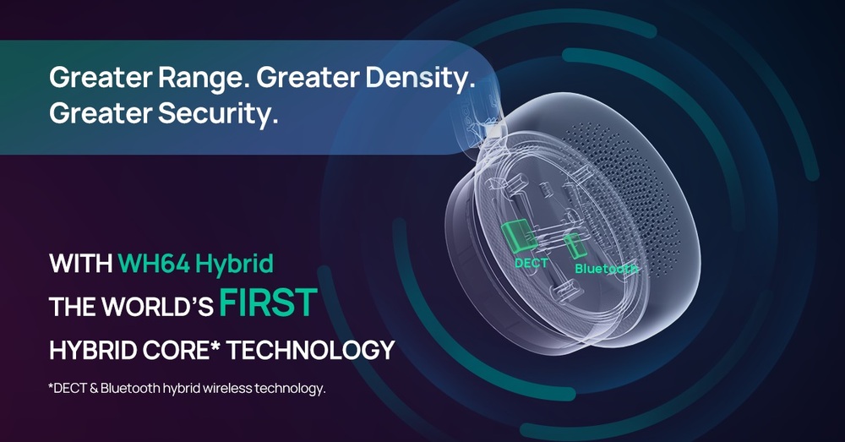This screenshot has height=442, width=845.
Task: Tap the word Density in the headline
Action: click(420, 79)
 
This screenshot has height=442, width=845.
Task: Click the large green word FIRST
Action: click(268, 303)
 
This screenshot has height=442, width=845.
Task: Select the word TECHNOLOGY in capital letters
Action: click(310, 350)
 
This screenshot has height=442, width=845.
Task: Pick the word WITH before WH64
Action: click(81, 264)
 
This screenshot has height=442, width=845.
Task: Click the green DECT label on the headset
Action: click(532, 264)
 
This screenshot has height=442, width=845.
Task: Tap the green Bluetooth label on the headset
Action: click(606, 269)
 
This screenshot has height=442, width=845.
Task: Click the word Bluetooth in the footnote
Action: click(130, 388)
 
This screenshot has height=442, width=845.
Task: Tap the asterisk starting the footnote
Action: click(52, 386)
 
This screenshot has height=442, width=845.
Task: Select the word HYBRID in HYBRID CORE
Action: click(94, 350)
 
